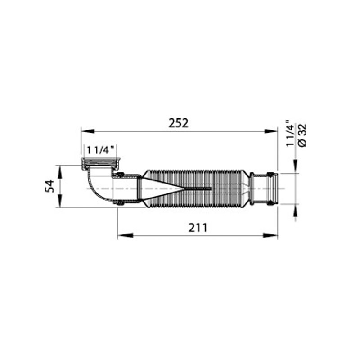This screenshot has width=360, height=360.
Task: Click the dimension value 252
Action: click(x=178, y=123)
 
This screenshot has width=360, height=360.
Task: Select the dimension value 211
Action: click(x=198, y=228)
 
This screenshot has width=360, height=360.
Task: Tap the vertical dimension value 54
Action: click(x=50, y=186)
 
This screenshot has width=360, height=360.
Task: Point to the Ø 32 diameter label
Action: click(x=302, y=135)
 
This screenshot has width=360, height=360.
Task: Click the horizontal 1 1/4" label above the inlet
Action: click(x=100, y=150)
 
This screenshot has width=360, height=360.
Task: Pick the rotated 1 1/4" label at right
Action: click(x=290, y=133)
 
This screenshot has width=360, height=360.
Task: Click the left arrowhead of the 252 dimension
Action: click(x=88, y=131)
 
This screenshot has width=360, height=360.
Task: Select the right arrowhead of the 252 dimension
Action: click(x=271, y=131)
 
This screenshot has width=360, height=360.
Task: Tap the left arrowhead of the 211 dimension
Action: click(x=126, y=235)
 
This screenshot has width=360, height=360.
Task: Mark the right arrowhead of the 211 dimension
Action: click(x=270, y=235)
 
